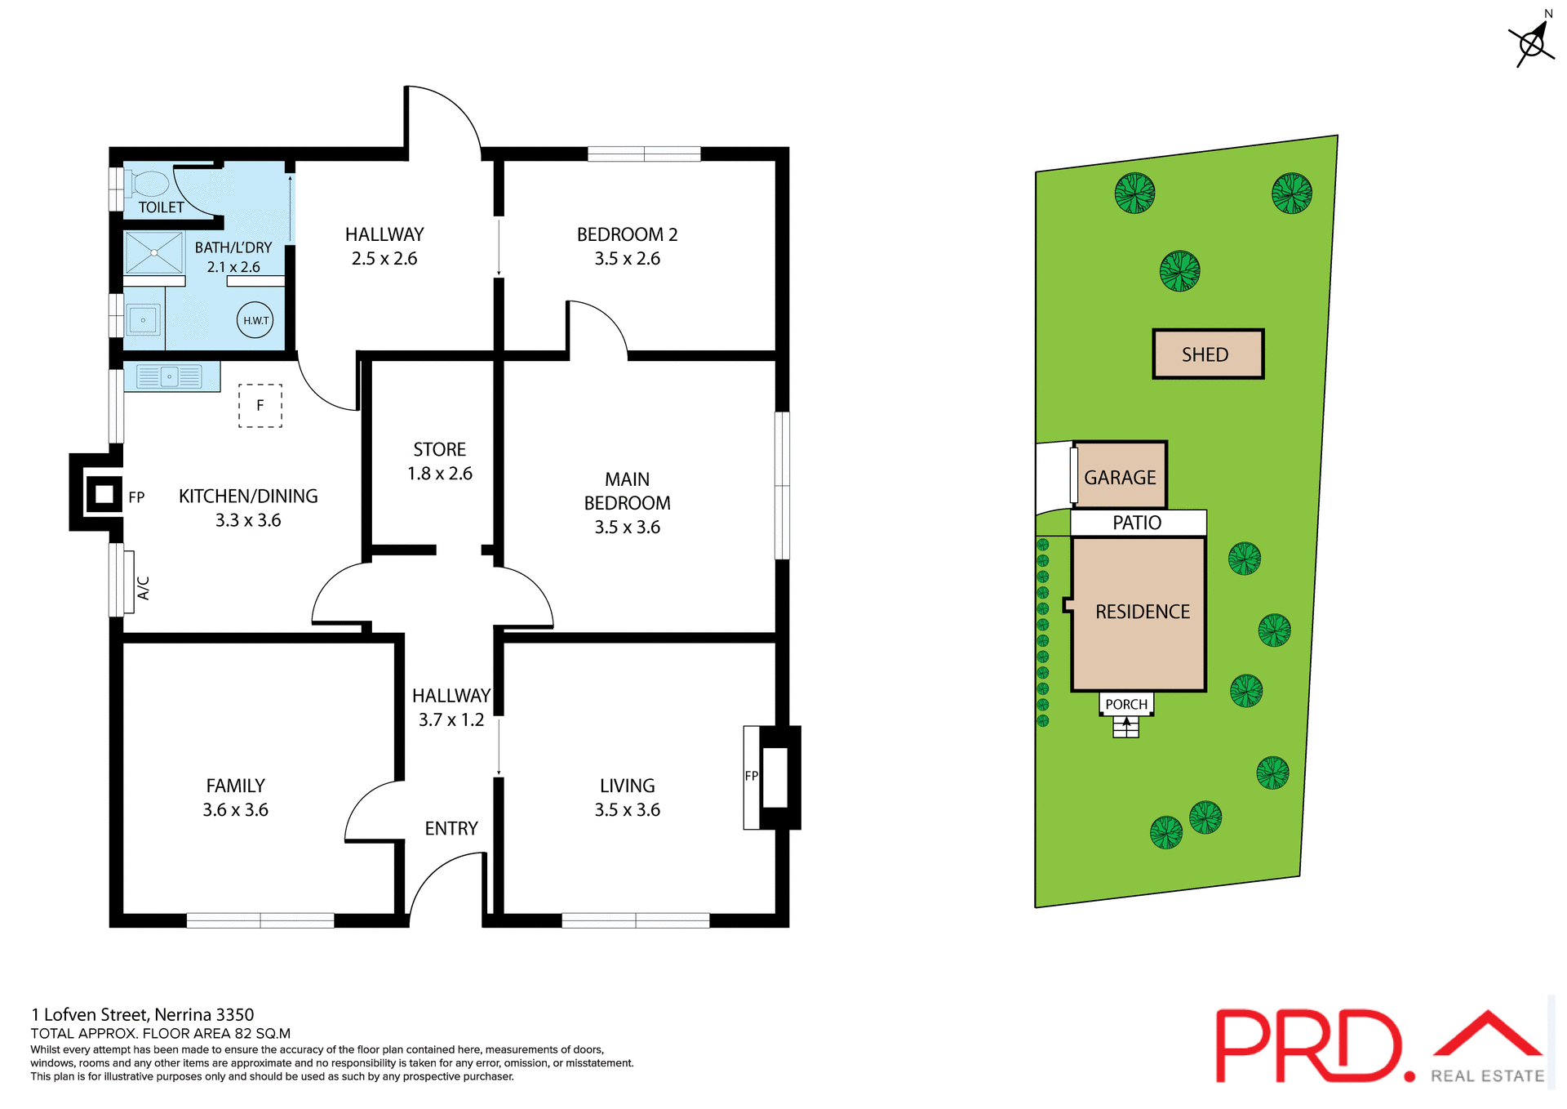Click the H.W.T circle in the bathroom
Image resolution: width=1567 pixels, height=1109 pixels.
pos(255,320)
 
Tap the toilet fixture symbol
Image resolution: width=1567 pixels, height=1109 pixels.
pos(149,184)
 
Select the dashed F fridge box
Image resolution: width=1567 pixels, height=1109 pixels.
pos(260,406)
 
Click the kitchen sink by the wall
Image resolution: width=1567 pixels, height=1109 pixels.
pos(170,376)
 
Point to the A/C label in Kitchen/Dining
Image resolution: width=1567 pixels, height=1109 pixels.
pos(144,588)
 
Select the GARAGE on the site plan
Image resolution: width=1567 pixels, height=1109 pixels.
pos(1120,477)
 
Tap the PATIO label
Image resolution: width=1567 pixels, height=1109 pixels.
pos(1137,523)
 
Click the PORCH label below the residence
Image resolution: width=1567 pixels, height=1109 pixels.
pos(1126,704)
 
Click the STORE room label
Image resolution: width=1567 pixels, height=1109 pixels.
pos(439,450)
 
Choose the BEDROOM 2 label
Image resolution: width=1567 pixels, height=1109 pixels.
pos(627,235)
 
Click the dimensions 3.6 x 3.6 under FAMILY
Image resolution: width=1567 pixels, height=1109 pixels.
pos(235,810)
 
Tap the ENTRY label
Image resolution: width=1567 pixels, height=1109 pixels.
pos(451,829)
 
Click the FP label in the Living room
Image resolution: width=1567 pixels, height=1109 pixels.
pos(751,776)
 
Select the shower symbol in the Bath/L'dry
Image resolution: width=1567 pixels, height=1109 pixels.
pos(154,253)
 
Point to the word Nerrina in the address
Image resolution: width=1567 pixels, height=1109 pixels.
pos(183,1014)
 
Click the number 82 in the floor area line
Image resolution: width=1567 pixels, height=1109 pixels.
pos(243,1034)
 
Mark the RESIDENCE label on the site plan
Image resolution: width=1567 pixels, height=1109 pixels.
pos(1142,612)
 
